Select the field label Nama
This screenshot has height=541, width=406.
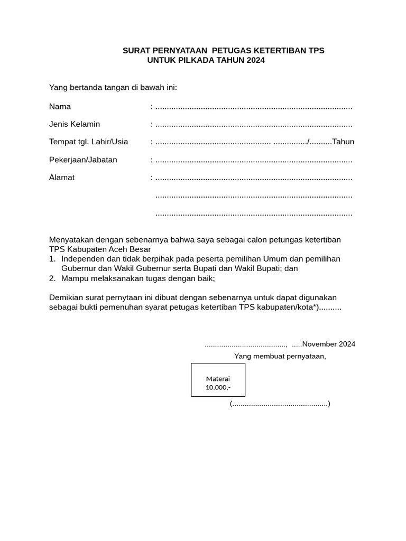tap(60, 107)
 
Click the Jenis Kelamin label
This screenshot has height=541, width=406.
tap(75, 124)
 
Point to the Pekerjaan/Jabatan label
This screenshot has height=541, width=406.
tap(83, 160)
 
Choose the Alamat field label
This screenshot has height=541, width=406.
tap(62, 178)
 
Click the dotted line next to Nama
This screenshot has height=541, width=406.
tap(254, 108)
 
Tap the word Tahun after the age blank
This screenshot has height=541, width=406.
tap(343, 142)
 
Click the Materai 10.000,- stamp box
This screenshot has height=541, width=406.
tap(218, 380)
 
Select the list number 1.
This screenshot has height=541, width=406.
tap(52, 259)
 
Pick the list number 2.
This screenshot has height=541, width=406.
tap(52, 278)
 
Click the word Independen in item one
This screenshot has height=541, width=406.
tap(81, 259)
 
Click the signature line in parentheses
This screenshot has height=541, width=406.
tap(280, 404)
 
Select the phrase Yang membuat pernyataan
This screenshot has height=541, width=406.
tap(280, 356)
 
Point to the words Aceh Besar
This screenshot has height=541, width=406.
tap(134, 249)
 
